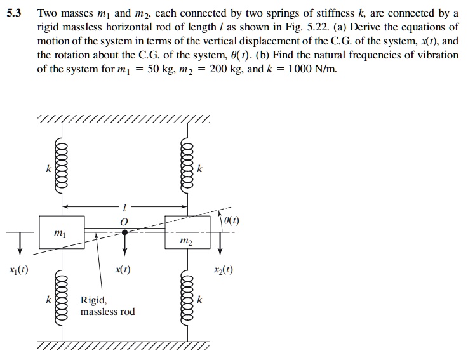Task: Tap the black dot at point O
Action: [x=124, y=232]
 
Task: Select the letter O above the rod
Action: [x=124, y=220]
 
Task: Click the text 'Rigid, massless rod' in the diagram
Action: [x=107, y=306]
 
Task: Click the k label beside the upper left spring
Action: [x=48, y=170]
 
